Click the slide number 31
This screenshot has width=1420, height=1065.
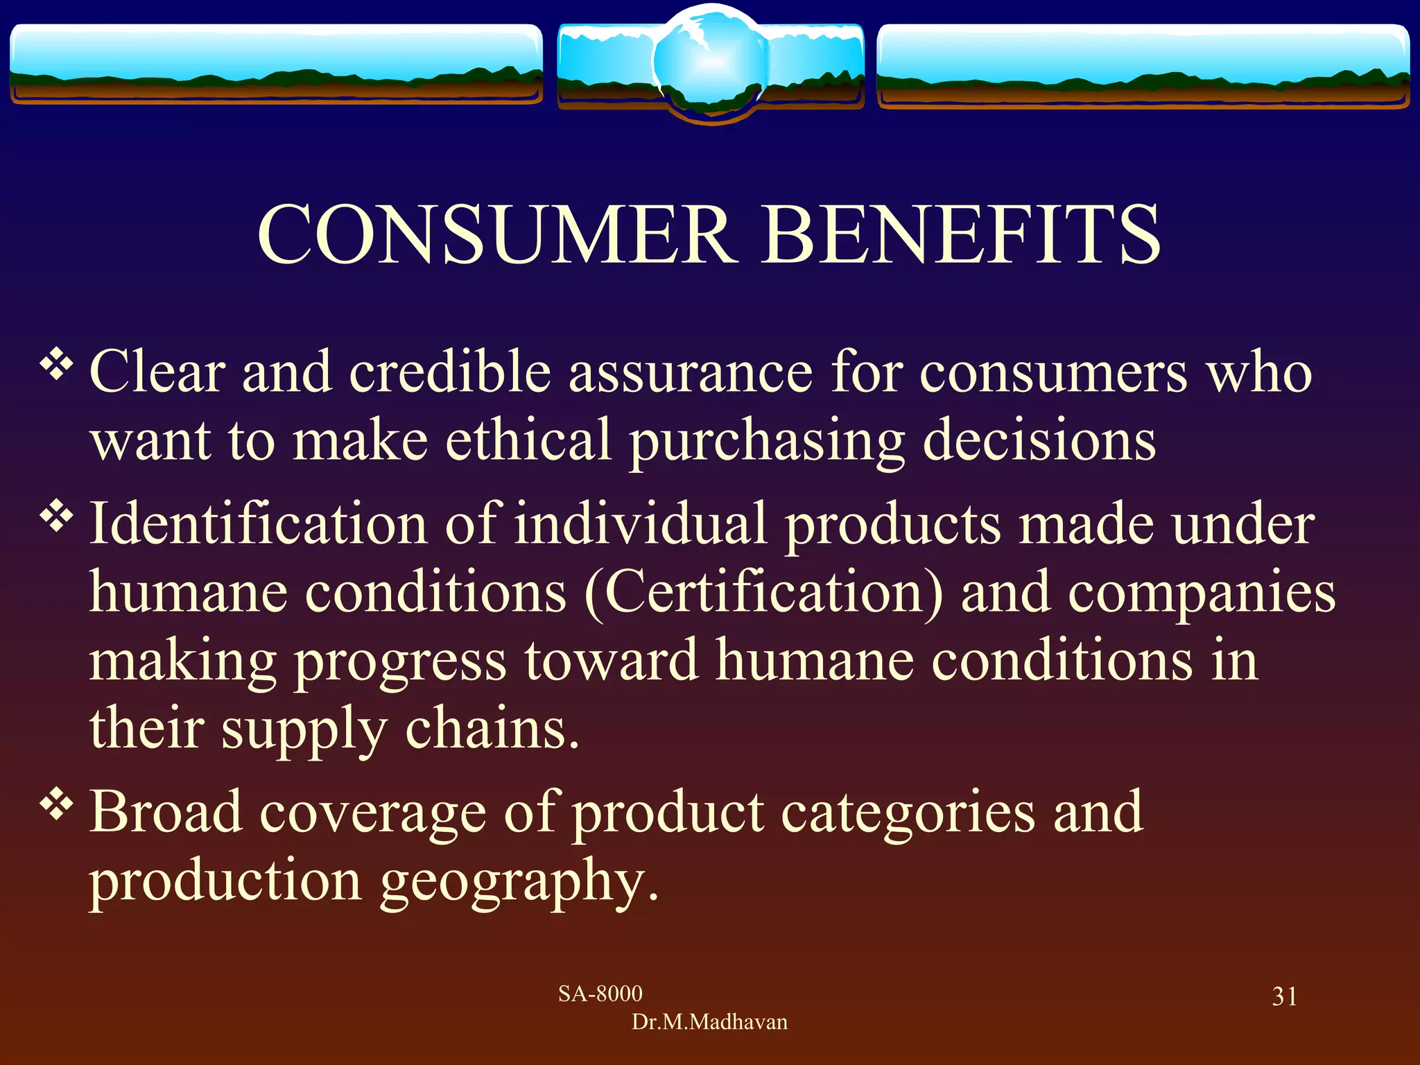[1284, 996]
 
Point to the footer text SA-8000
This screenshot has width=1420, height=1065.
[600, 994]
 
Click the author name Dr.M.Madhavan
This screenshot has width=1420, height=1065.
[709, 1022]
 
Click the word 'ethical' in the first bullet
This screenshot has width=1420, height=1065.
[528, 440]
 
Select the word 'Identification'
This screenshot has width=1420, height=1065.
[258, 523]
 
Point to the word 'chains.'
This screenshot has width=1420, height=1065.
[492, 729]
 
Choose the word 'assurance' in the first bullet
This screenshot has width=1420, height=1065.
[691, 373]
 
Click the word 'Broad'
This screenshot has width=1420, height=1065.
[166, 812]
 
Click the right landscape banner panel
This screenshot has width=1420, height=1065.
[1143, 65]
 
